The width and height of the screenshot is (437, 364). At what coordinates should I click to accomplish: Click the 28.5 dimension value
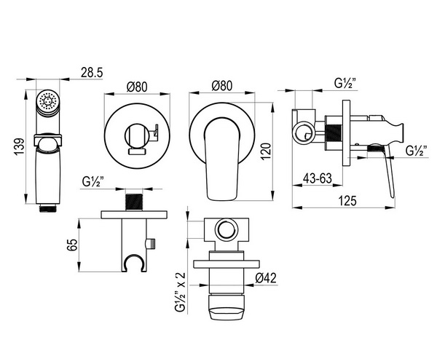[x=92, y=72]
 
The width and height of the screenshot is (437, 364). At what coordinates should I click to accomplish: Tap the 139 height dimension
[x=19, y=147]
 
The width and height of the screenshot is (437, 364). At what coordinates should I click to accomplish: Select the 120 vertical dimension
[x=266, y=151]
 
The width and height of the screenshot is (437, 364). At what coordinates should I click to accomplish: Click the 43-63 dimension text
[x=318, y=178]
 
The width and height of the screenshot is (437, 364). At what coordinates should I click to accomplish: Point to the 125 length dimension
[x=347, y=200]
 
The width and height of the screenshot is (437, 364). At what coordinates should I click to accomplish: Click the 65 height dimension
[x=72, y=245]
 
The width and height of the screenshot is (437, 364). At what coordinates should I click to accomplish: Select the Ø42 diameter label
[x=266, y=278]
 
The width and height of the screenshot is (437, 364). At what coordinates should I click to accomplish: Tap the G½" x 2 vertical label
[x=180, y=292]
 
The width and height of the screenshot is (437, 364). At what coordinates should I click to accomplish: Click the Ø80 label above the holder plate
[x=137, y=87]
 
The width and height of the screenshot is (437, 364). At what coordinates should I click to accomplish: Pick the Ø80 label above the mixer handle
[x=222, y=85]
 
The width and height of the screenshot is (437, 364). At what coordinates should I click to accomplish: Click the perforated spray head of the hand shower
[x=48, y=101]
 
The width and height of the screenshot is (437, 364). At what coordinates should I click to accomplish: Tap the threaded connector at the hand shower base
[x=48, y=208]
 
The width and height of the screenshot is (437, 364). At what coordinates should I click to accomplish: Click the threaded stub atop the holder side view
[x=134, y=202]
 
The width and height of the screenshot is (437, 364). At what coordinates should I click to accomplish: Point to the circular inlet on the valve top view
[x=227, y=230]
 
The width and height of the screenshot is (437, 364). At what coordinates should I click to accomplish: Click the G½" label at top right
[x=345, y=83]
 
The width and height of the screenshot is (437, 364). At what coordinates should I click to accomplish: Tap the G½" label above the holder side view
[x=93, y=182]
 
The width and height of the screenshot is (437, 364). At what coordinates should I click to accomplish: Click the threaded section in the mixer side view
[x=334, y=135]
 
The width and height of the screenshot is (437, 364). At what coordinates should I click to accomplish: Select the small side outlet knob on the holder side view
[x=151, y=243]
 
